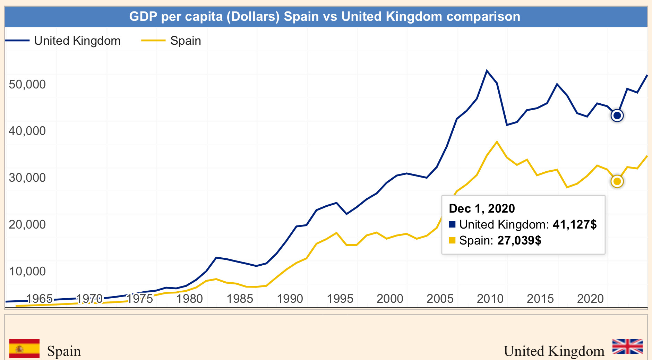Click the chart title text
tap(325, 16)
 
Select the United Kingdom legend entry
tap(77, 41)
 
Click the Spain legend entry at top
tap(186, 41)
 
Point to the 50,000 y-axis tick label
tap(27, 84)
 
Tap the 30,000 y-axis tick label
tap(27, 178)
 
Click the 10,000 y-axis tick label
tap(27, 271)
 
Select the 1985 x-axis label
tap(240, 299)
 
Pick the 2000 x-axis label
tap(390, 299)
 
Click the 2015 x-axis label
tap(540, 299)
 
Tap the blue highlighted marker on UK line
tap(617, 115)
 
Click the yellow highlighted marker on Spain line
tap(617, 181)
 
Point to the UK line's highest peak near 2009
tap(487, 71)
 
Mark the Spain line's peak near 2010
tap(497, 142)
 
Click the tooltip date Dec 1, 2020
tap(482, 208)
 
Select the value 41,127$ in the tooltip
tap(575, 224)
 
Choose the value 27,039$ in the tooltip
tap(519, 240)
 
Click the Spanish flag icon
tap(24, 349)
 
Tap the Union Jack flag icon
tap(627, 346)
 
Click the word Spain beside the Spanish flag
tap(64, 351)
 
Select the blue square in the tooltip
tap(452, 224)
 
